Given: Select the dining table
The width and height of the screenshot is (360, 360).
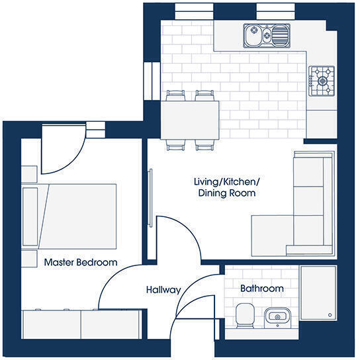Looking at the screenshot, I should coord(192,119).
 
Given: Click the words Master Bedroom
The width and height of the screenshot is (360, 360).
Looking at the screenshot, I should coord(80,263).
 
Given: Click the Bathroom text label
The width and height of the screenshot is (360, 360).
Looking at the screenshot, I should coord(261,289).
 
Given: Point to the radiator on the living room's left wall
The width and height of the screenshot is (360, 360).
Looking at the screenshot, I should coord(152,191).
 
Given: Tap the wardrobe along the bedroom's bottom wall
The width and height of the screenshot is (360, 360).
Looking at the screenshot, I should coord(80,324).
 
